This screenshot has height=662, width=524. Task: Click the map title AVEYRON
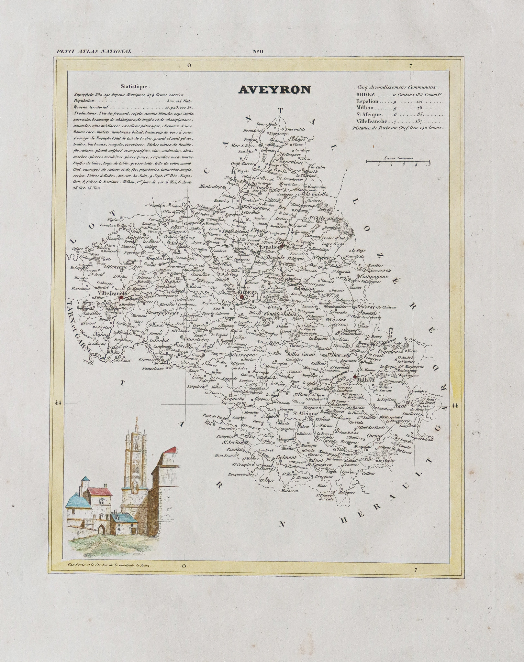(x=274, y=90)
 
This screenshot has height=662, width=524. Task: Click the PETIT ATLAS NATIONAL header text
(x=94, y=51)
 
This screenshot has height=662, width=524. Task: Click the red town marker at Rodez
(x=242, y=296)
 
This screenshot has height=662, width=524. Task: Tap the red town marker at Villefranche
(x=121, y=297)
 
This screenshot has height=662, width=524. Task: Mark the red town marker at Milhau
(x=355, y=377)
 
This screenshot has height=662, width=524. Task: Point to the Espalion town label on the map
(x=270, y=247)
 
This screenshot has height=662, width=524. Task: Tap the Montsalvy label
(x=210, y=187)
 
